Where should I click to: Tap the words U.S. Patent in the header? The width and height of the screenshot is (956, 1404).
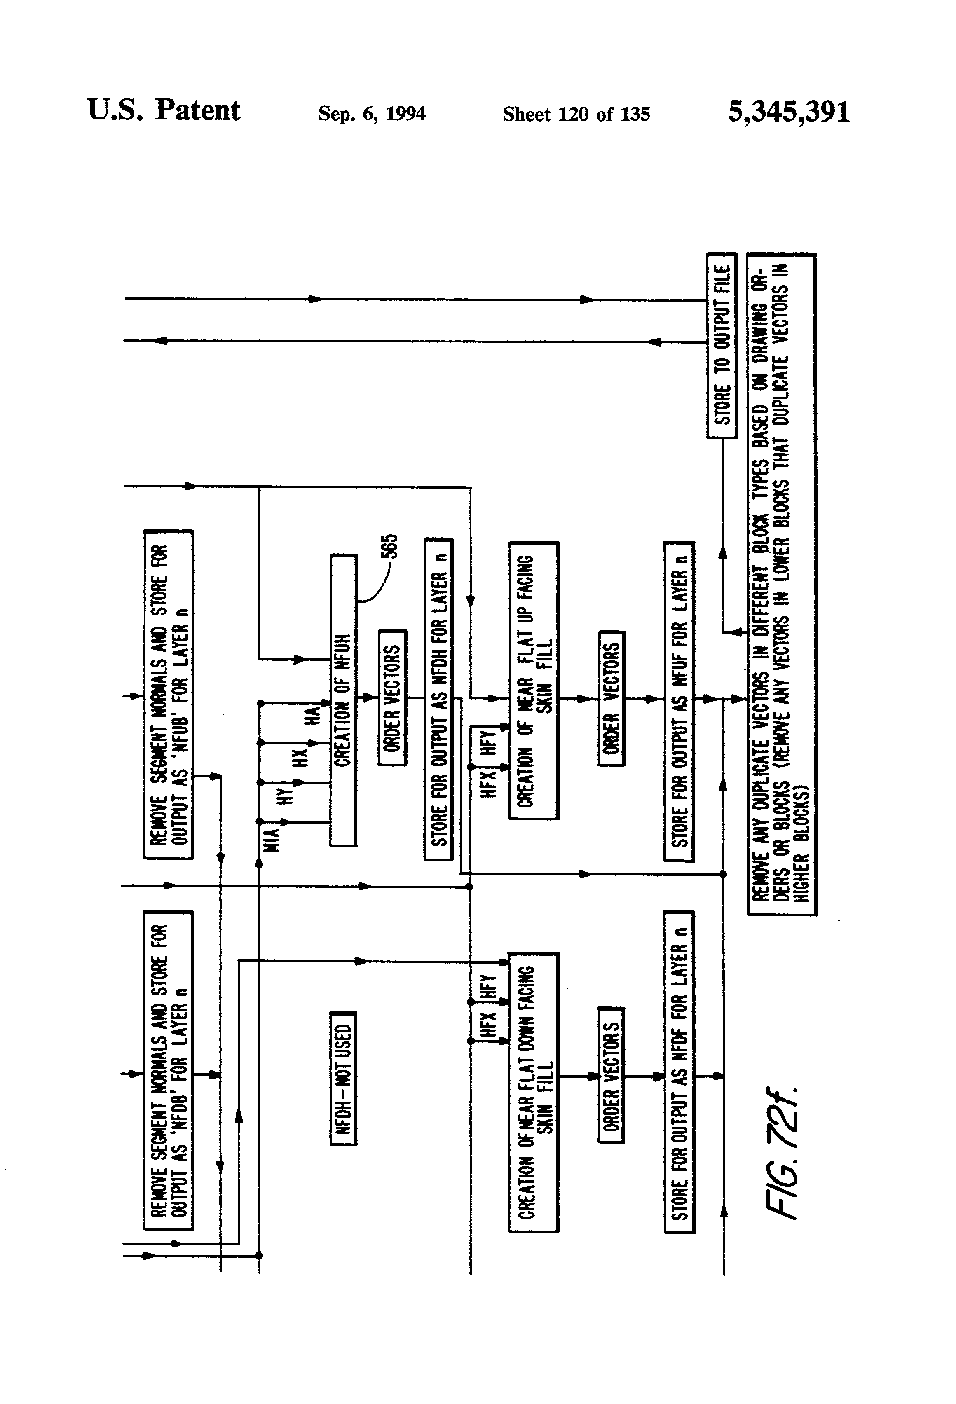point(164,110)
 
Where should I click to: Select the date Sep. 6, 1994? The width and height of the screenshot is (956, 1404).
point(372,114)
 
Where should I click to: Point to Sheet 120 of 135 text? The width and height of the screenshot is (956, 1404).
point(576,114)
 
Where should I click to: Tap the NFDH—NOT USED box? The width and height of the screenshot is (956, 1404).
point(343,1079)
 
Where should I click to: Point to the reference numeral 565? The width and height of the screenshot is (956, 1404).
point(391,546)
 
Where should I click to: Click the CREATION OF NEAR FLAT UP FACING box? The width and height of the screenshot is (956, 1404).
point(534,681)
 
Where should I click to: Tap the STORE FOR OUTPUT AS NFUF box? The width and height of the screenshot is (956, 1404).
point(679,701)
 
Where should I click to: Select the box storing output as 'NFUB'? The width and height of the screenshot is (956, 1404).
point(168,694)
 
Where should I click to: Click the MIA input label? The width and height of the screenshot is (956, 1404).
point(272,840)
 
